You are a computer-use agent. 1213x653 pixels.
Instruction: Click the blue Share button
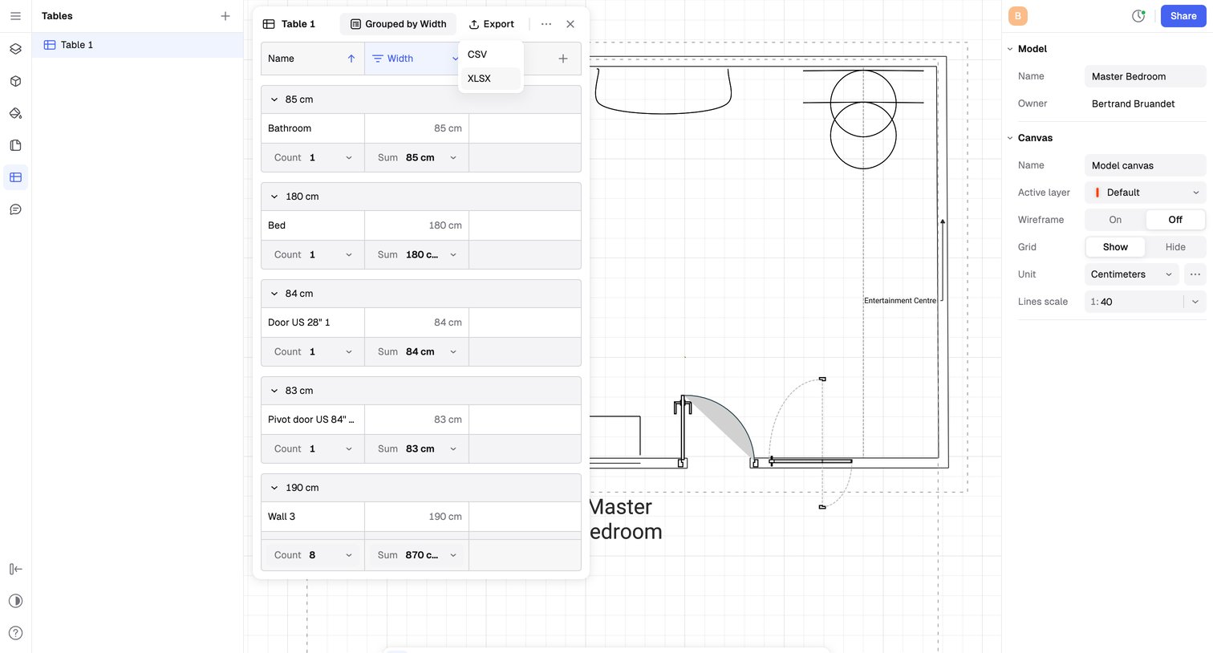pos(1183,16)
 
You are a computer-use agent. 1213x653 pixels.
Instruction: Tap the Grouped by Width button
pos(398,24)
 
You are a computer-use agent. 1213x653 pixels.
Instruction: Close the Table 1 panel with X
pos(570,24)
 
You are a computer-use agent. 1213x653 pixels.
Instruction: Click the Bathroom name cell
pos(312,128)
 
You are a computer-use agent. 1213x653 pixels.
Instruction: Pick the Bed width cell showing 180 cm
pos(416,225)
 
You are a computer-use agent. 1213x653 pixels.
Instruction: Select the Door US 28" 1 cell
pos(312,322)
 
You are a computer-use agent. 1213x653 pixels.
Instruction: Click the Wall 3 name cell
pos(312,517)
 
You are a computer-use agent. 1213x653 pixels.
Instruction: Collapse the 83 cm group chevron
pos(274,391)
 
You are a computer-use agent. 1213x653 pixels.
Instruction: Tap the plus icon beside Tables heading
pos(225,16)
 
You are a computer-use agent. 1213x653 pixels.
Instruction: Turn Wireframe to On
pos(1115,220)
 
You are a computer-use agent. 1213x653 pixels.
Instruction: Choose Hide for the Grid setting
pos(1175,247)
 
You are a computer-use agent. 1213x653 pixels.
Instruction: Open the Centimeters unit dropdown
pos(1131,274)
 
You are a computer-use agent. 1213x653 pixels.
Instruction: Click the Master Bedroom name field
pos(1146,76)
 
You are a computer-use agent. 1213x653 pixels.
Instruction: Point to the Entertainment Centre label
pos(900,301)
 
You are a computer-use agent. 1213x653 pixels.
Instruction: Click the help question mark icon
pos(16,633)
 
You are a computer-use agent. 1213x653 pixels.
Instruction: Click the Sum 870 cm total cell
pos(416,555)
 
